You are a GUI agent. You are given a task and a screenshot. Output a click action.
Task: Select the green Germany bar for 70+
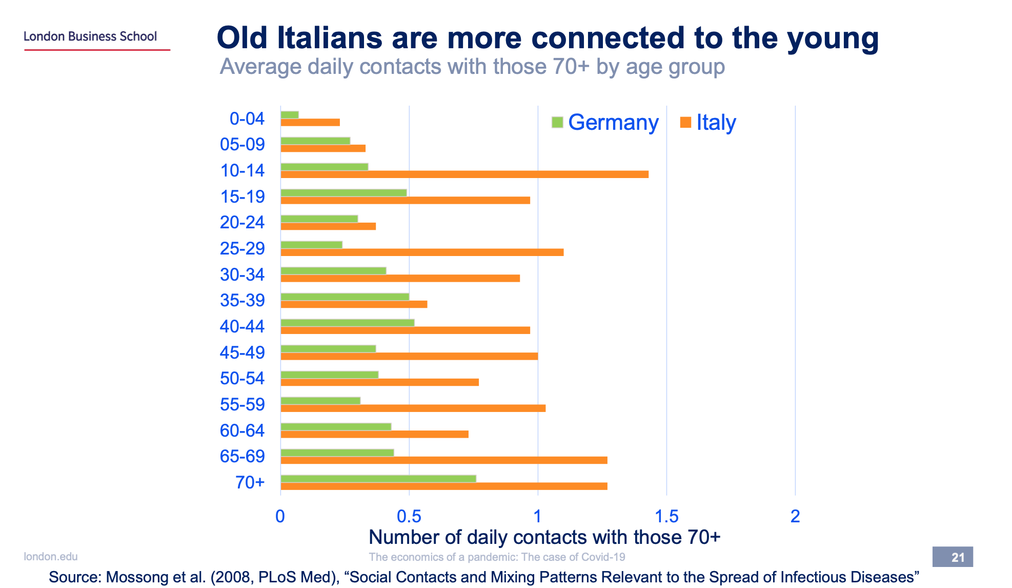coord(378,479)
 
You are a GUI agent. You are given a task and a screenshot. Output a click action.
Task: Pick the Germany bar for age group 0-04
coord(290,115)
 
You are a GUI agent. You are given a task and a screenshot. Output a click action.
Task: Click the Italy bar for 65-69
coord(443,460)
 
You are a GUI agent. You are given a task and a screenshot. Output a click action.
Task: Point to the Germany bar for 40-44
coord(347,323)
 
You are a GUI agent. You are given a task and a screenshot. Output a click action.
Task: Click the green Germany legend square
coord(557,122)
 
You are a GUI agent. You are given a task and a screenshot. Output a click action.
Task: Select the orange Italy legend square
coord(685,122)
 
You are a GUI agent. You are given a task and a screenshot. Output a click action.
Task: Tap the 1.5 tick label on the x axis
coord(666,516)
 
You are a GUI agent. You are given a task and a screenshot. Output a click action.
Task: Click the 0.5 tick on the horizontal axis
coord(409,516)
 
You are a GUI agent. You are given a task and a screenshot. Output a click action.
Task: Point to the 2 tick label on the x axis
coord(795,516)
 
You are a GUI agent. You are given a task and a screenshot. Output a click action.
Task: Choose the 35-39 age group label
coord(242,300)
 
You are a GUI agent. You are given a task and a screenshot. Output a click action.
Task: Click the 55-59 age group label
coord(242,404)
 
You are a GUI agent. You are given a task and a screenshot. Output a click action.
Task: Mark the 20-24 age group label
coord(242,222)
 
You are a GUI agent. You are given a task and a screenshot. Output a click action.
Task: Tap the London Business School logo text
coord(90,36)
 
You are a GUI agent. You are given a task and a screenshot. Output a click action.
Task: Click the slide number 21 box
coord(953,557)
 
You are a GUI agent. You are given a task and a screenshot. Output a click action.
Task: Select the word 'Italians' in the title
coord(330,38)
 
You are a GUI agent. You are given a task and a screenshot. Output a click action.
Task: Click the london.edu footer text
coord(51,557)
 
